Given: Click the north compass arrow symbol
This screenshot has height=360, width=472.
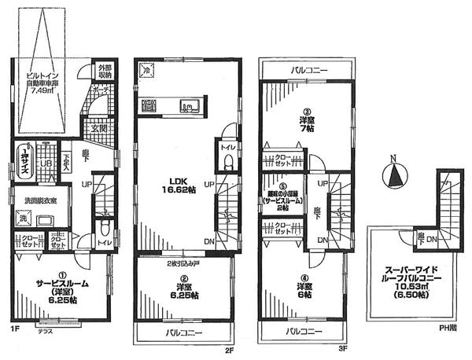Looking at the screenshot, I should pos(393,174).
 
